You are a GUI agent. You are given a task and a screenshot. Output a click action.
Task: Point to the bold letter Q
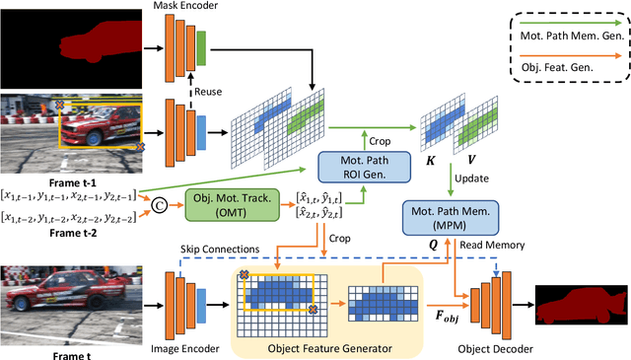coord(431,240)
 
